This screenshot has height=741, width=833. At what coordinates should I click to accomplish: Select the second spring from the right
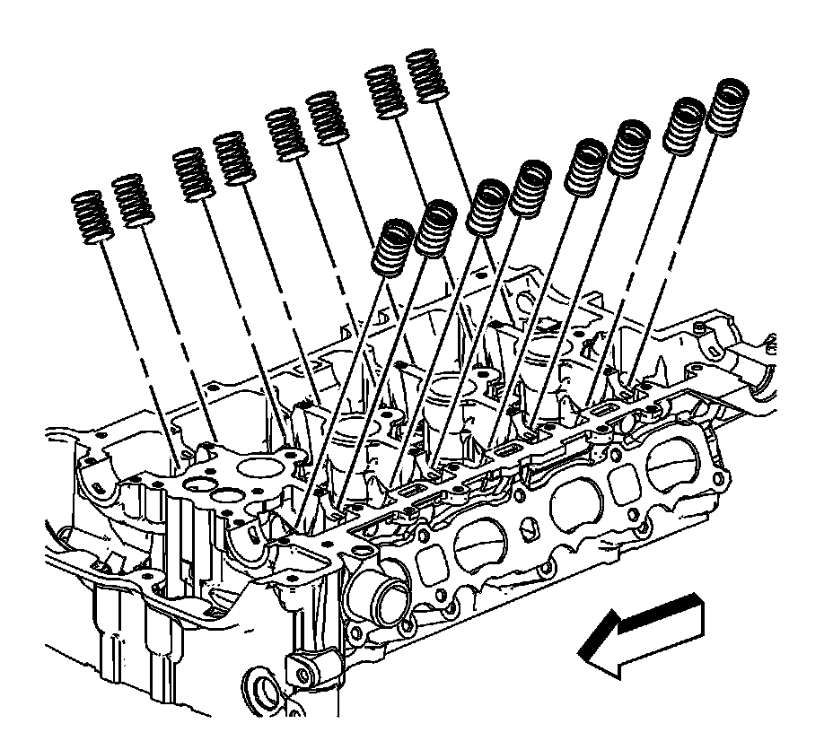tap(685, 124)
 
